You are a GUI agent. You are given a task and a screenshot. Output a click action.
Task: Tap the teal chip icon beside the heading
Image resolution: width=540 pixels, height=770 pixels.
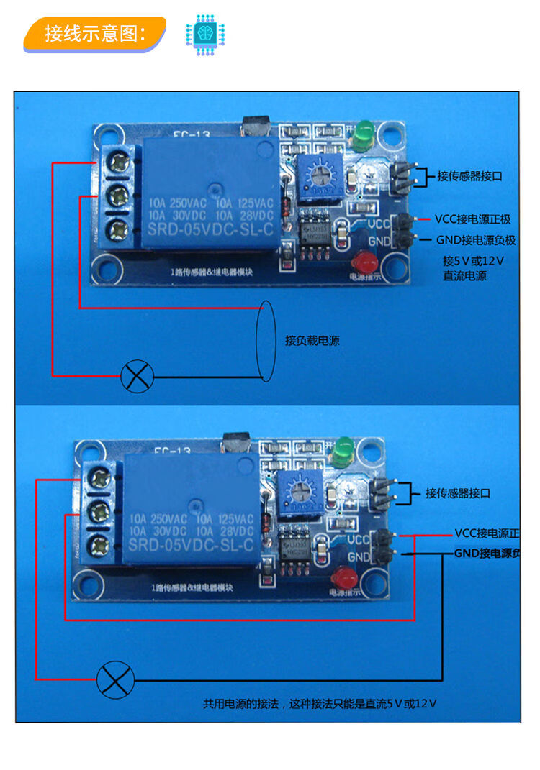coord(205,33)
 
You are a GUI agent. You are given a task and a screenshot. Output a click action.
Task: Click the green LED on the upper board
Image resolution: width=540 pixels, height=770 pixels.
coord(361,132)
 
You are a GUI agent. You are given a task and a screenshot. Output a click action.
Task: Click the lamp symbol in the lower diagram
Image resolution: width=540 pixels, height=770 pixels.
coord(116,679)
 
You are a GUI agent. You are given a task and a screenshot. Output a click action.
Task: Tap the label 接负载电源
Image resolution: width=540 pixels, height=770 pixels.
coord(312,341)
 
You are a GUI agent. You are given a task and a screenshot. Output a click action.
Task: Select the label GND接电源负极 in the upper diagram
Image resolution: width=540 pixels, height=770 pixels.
coord(476,240)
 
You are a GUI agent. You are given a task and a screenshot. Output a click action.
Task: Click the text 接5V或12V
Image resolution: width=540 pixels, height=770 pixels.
coord(473,260)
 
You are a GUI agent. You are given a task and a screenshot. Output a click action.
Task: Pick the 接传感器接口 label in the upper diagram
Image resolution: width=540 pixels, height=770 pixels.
coord(469,175)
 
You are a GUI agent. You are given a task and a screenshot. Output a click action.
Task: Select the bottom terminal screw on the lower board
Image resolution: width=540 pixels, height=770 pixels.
coord(98,544)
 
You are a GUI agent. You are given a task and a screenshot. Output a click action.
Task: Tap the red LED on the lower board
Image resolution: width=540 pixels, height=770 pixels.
coord(343,577)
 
